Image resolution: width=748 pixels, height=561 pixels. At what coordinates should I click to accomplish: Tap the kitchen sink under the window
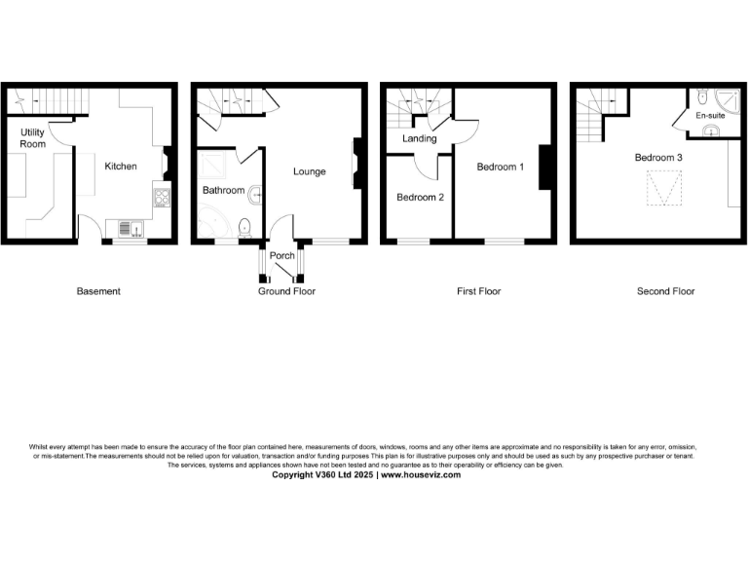point(130,229)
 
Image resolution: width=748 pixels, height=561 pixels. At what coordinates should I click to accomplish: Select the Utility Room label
point(33,138)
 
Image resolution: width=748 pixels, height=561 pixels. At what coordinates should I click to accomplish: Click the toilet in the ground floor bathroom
point(244,228)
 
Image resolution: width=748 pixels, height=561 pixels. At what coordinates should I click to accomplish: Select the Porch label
point(282,256)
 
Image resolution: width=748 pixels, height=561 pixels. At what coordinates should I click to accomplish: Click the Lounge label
point(310,171)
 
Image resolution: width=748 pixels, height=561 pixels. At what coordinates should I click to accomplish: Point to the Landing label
point(420,139)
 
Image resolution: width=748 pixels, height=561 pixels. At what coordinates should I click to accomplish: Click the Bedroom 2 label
point(420,197)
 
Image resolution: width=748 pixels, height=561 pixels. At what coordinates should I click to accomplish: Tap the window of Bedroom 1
point(504,240)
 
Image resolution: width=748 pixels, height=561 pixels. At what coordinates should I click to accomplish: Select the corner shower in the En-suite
point(726,99)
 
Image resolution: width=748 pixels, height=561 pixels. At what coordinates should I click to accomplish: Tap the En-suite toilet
point(700,97)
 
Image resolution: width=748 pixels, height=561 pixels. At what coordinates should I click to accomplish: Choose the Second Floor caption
point(665,291)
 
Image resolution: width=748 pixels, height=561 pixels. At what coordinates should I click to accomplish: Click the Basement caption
point(98,291)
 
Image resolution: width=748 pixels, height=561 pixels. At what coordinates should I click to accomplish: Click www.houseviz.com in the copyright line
point(420,475)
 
